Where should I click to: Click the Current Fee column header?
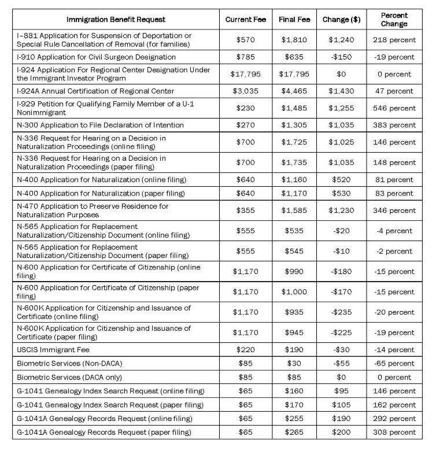pos(246,20)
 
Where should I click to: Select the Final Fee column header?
pos(294,20)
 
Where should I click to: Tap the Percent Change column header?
pos(394,20)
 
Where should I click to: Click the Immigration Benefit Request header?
pos(116,20)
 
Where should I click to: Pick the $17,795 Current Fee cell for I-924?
pos(246,74)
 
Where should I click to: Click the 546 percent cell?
pos(394,108)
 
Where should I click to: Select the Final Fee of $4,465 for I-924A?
pos(294,91)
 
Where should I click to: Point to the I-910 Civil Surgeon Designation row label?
pos(97,57)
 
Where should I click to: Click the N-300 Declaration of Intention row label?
pos(101,125)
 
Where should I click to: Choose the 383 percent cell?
pos(394,125)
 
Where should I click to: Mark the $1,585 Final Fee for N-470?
pos(294,210)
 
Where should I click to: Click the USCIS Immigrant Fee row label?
pos(53,350)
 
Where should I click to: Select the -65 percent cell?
pos(394,364)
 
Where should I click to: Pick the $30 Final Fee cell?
pos(294,364)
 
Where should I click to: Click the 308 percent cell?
pos(394,432)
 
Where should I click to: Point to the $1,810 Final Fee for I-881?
pos(294,40)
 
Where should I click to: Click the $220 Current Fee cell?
pos(246,350)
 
